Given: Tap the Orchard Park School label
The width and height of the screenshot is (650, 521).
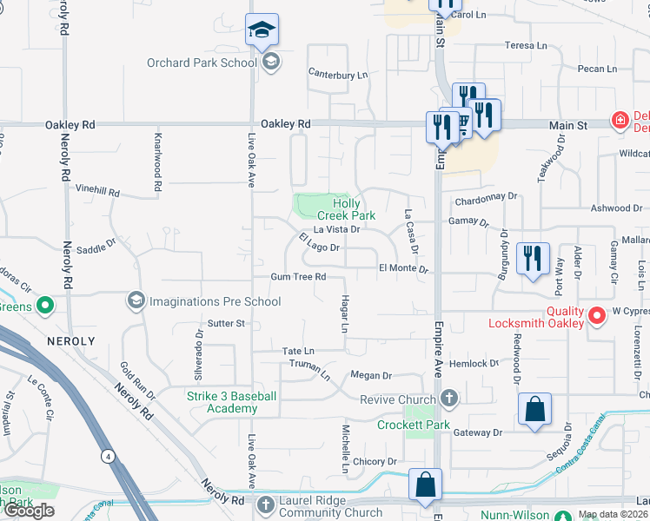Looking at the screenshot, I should tap(202, 62).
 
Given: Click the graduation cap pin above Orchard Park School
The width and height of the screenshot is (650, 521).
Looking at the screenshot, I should tap(262, 31).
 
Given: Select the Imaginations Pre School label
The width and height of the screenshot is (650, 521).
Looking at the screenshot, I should tap(215, 301).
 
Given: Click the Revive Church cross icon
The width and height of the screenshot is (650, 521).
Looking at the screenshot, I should tap(448, 399).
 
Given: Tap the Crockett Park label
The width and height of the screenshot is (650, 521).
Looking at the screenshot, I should tap(413, 425).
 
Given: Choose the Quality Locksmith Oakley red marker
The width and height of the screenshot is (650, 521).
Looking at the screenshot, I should tap(596, 315).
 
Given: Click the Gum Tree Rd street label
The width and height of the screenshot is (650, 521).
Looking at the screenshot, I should tap(298, 277).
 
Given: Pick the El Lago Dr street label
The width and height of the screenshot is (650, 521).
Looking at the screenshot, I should tap(318, 242).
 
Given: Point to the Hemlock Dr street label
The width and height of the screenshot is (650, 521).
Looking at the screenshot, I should tap(474, 364).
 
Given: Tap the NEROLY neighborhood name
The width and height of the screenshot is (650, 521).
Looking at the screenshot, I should tap(70, 341).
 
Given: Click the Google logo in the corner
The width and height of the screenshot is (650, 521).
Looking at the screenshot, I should tap(30, 511).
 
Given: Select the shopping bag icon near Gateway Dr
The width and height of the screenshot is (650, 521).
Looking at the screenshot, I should tap(535, 410).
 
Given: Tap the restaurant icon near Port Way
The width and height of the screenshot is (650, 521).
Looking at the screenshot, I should tap(531, 258).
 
